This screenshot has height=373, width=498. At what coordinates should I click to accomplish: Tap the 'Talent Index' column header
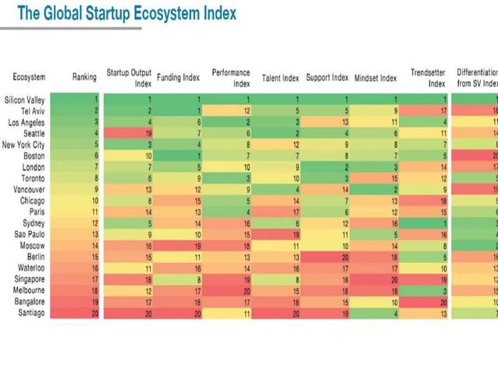(x=280, y=78)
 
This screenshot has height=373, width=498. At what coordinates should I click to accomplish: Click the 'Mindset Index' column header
(x=375, y=78)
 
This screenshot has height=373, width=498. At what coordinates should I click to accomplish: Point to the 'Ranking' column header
(x=84, y=77)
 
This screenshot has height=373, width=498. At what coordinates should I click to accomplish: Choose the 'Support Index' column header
(x=327, y=78)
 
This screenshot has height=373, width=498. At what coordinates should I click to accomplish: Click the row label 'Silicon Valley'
(x=24, y=100)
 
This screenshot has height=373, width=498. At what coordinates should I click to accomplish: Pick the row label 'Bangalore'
(x=28, y=300)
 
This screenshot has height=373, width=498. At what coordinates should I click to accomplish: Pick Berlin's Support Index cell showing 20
(x=327, y=256)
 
